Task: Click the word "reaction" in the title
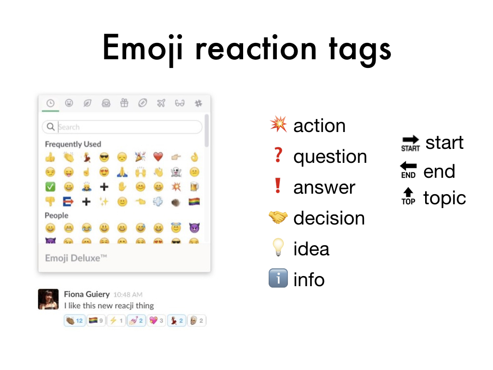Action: pyautogui.click(x=256, y=49)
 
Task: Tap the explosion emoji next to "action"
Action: pyautogui.click(x=278, y=124)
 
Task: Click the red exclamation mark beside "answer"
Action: pyautogui.click(x=278, y=185)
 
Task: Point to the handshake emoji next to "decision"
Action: pyautogui.click(x=278, y=217)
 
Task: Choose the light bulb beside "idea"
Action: pyautogui.click(x=278, y=247)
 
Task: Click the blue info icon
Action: pyautogui.click(x=278, y=278)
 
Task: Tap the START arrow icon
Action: pyautogui.click(x=410, y=144)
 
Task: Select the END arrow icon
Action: pyautogui.click(x=408, y=170)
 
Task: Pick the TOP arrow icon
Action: pyautogui.click(x=408, y=197)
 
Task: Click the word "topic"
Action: pyautogui.click(x=444, y=198)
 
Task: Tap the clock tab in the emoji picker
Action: pyautogui.click(x=50, y=103)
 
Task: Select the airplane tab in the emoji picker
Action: pyautogui.click(x=161, y=103)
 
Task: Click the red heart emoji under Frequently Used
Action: pyautogui.click(x=158, y=157)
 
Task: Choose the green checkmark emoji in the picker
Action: pyautogui.click(x=50, y=186)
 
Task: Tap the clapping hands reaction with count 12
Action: pyautogui.click(x=75, y=320)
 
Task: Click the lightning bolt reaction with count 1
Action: pyautogui.click(x=117, y=320)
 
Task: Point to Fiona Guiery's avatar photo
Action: pyautogui.click(x=48, y=299)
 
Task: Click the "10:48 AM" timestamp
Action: pyautogui.click(x=128, y=295)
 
